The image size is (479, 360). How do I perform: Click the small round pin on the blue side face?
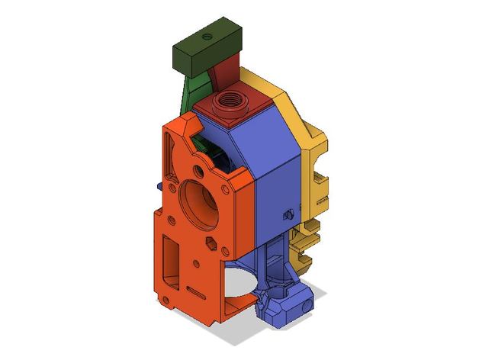pyautogui.click(x=288, y=214)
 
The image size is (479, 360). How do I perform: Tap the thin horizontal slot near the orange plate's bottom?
pyautogui.click(x=195, y=294)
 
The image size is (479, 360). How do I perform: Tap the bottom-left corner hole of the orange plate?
pyautogui.click(x=163, y=302)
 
